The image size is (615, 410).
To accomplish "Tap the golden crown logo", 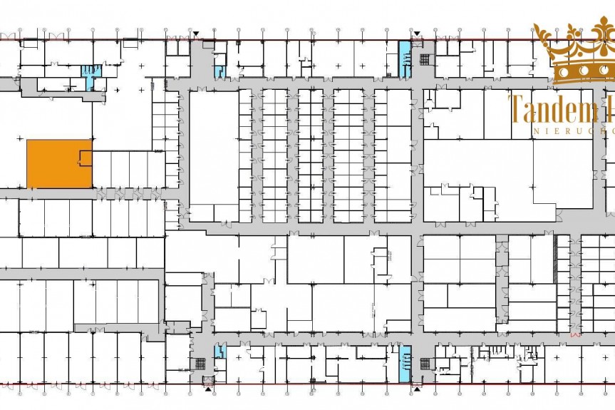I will (574, 53).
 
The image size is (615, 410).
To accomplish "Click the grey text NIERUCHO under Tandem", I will (570, 132).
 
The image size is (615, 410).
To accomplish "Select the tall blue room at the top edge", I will (405, 59).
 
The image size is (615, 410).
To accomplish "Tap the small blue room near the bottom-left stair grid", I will (219, 351).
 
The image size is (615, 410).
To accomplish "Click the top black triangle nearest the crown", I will (415, 33).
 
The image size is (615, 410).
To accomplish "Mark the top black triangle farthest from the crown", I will (196, 33).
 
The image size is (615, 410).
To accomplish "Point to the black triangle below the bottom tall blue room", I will (415, 389).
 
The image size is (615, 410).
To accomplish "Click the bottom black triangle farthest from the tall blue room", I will (207, 389).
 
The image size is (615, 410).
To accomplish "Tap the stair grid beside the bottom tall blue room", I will (425, 364).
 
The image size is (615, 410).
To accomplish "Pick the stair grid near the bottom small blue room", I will (207, 379).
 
